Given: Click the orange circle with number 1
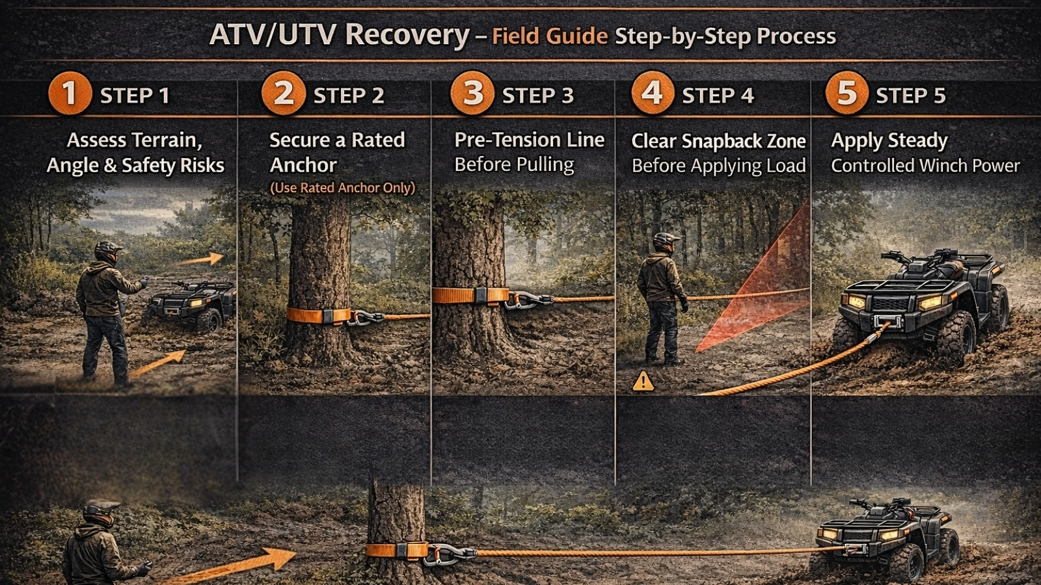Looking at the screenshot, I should click(x=69, y=93).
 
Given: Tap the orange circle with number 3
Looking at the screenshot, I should click(x=473, y=93).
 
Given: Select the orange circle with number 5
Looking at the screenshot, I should click(x=846, y=93).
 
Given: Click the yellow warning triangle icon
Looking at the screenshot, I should click(x=643, y=381).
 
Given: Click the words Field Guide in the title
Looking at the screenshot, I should click(x=550, y=36).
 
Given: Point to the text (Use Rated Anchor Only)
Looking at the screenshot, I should click(x=342, y=188).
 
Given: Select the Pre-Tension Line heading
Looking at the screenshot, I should click(x=529, y=140).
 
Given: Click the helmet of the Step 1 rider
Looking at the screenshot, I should click(x=107, y=251).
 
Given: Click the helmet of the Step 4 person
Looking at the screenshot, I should click(x=665, y=242).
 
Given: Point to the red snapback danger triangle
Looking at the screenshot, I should click(x=768, y=286).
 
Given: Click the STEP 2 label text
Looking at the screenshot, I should click(x=349, y=96).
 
